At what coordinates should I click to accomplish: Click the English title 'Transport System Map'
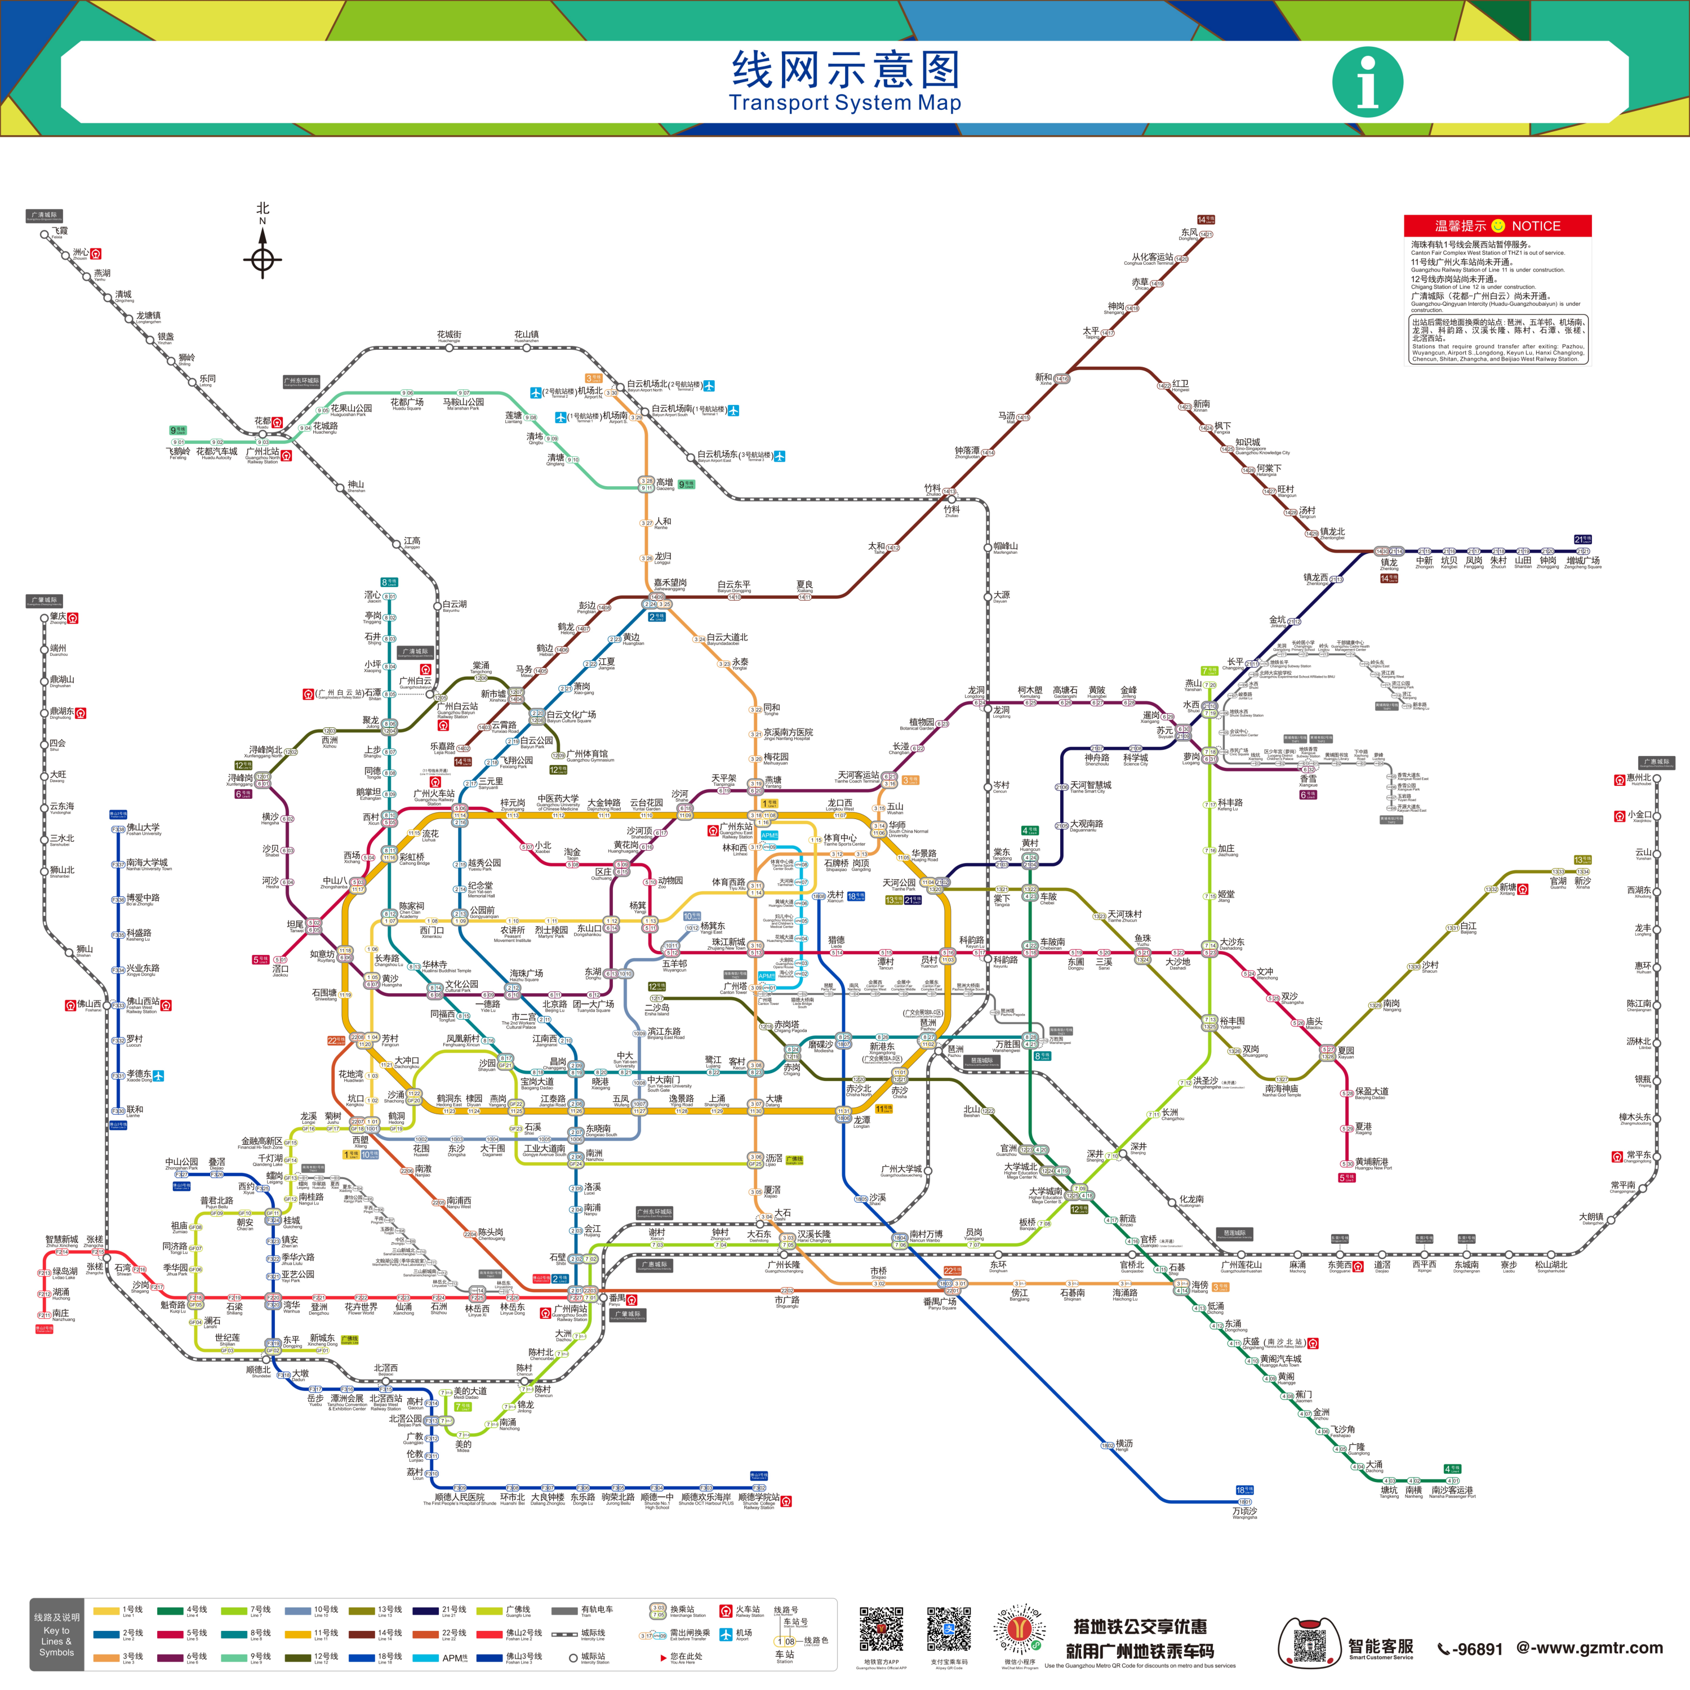click(845, 103)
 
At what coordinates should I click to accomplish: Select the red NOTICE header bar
click(1497, 226)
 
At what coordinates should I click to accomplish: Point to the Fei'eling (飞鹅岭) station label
click(179, 452)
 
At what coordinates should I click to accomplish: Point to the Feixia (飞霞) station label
click(59, 232)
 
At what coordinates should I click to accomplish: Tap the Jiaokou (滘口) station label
click(280, 969)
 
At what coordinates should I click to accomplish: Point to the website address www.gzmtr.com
click(1590, 1648)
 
